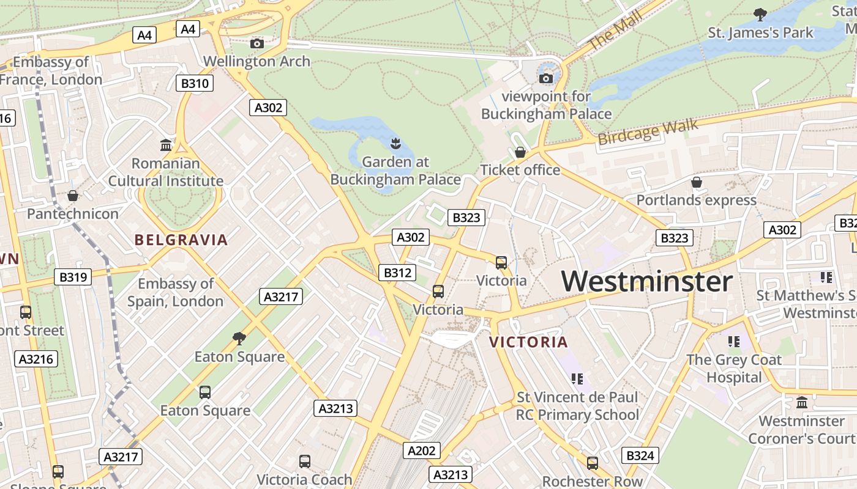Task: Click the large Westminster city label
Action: [646, 282]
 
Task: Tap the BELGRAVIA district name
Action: [181, 240]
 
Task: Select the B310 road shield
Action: [195, 83]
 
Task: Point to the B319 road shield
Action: [73, 277]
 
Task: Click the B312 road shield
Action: [397, 273]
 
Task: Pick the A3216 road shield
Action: [36, 359]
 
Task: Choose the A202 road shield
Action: [422, 451]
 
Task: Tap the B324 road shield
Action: [640, 455]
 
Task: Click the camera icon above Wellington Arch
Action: [257, 43]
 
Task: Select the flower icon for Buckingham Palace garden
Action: [395, 144]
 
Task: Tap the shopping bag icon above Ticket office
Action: [520, 152]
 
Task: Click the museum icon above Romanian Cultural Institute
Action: [166, 145]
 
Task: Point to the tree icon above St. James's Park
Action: [760, 14]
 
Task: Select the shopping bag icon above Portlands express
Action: [696, 182]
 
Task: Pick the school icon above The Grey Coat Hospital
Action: [733, 342]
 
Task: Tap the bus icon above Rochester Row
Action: [592, 463]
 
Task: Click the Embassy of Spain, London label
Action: [175, 292]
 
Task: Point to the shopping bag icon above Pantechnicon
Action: [73, 196]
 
